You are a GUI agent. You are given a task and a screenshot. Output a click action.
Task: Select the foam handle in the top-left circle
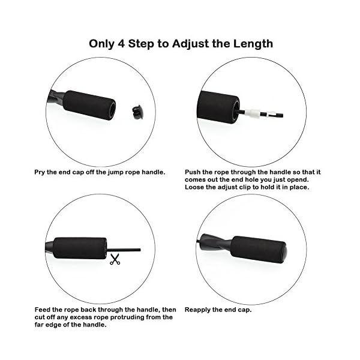[x=89, y=105]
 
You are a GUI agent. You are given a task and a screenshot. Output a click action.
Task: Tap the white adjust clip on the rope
[x=256, y=112]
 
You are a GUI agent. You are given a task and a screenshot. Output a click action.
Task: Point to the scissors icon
[x=115, y=260]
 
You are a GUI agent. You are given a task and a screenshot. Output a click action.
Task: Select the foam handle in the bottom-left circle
[x=80, y=247]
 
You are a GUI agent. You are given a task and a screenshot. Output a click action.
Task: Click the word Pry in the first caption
[x=40, y=172]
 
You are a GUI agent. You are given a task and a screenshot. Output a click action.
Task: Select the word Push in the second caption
[x=194, y=172]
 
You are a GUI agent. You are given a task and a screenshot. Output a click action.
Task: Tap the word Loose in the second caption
[x=195, y=187]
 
